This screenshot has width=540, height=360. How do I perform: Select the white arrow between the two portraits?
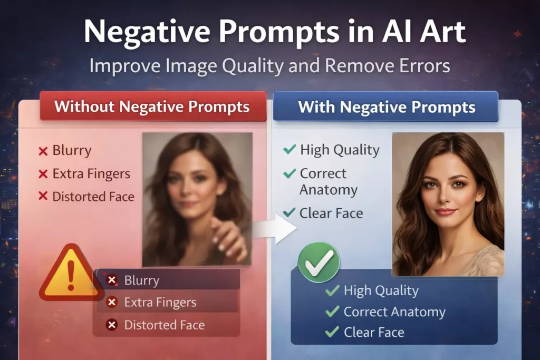pos(277,228)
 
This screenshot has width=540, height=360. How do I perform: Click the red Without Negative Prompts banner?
pos(152,107)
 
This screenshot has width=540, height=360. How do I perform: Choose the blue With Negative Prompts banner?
pos(387,108)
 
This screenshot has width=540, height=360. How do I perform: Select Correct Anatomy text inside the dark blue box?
pos(394,312)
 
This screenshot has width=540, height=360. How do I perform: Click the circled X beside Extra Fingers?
pos(112,303)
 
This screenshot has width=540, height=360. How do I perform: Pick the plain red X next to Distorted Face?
pos(43,197)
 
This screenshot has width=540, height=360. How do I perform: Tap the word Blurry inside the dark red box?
pos(141,280)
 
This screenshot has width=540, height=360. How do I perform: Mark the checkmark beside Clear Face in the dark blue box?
pos(332,332)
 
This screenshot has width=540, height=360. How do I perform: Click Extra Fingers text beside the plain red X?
pos(91,173)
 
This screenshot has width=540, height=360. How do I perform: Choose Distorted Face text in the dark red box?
pos(164,325)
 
